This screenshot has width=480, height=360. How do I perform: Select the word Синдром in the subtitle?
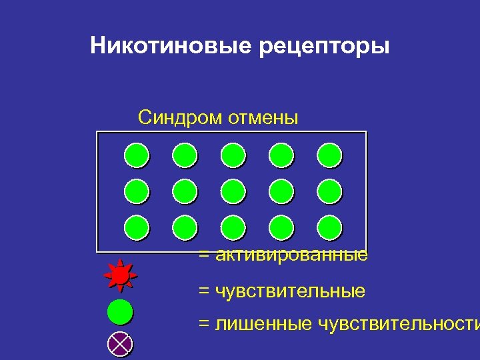coord(179,118)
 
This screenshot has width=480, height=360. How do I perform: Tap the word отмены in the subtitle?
coord(263,118)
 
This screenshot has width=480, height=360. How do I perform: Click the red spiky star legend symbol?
coord(121,275)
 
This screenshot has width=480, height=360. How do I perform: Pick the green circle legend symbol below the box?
coord(121,312)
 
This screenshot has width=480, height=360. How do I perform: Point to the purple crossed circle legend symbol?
coord(121,344)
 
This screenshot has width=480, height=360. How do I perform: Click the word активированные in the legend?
coord(291,255)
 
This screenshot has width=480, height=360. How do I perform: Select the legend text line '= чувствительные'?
coord(281,291)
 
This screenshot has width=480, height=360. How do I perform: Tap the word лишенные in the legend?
coord(261,324)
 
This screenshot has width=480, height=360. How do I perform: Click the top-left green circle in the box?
coord(137,155)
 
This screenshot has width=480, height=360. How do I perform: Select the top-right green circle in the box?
coord(329,155)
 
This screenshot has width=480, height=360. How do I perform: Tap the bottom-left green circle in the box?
coord(137,227)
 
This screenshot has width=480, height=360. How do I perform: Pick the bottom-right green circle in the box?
coord(329,227)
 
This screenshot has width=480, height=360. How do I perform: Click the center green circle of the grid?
coord(233,191)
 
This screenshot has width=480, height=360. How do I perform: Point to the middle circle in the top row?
coord(233,155)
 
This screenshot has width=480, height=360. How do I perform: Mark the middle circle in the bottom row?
coord(233,227)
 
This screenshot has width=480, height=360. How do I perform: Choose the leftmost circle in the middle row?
coord(137,191)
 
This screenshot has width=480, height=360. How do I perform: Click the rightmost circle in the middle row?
coord(329,191)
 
